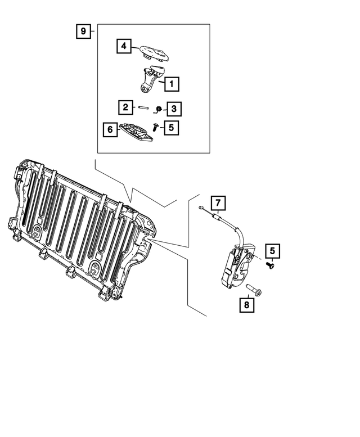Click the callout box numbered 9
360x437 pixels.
(x=83, y=31)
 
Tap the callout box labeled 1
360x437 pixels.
(x=172, y=84)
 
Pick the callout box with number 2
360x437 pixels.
(x=125, y=107)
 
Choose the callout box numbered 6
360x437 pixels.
(x=110, y=130)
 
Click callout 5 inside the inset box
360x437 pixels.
(x=172, y=128)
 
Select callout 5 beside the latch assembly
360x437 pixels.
(x=273, y=251)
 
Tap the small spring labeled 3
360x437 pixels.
(x=159, y=108)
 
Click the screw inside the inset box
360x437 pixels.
(x=154, y=129)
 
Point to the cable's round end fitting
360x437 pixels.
(x=201, y=209)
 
